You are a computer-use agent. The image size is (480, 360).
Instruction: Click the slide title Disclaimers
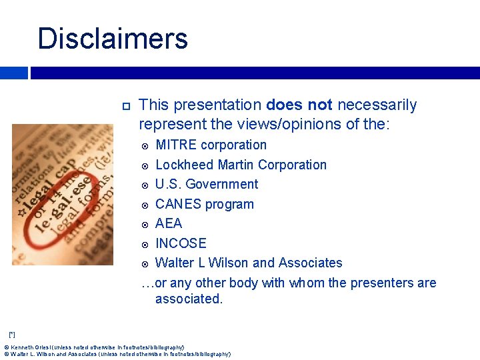click(113, 39)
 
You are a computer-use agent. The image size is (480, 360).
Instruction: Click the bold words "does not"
click(299, 105)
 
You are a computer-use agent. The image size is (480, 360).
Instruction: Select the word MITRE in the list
click(176, 145)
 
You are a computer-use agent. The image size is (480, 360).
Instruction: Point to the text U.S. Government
click(207, 185)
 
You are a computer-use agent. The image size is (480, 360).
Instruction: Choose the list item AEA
click(169, 223)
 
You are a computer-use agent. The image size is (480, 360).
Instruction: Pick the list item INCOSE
click(181, 243)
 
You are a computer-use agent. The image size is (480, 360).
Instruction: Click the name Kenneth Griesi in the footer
click(31, 347)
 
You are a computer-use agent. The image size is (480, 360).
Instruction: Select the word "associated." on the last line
click(189, 299)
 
